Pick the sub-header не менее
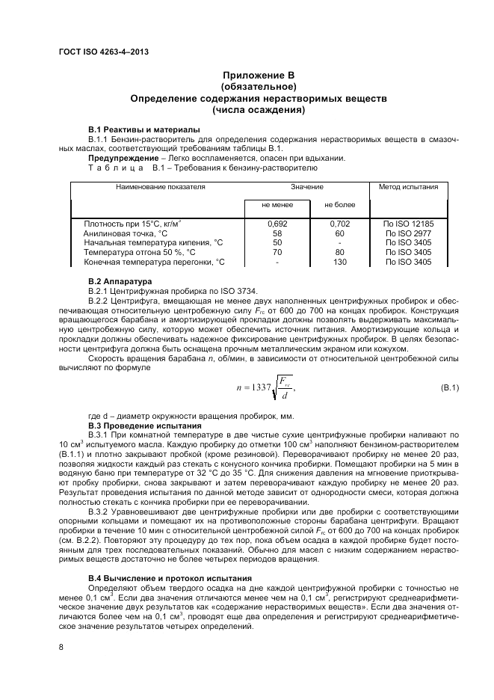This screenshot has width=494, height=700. click(277, 204)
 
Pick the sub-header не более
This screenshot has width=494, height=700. click(339, 204)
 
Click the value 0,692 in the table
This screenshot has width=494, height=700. click(277, 224)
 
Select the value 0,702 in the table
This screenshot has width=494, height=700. click(339, 224)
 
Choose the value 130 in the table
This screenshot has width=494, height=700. click(339, 262)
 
